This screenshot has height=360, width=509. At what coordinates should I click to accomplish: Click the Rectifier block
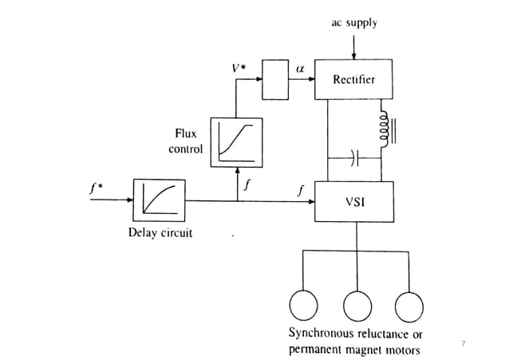point(353,80)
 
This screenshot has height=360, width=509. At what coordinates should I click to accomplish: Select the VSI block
point(353,202)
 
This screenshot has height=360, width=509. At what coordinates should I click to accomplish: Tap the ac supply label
point(354,24)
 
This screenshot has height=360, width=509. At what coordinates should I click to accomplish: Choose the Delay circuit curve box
point(159,201)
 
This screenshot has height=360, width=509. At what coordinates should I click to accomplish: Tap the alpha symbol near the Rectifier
point(300,69)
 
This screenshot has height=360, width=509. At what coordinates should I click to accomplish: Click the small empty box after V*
point(274,80)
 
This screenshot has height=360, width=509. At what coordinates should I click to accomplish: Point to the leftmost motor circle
point(302,306)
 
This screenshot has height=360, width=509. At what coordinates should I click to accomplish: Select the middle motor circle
point(355,306)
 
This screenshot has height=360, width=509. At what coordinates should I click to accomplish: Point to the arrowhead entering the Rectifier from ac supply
point(353,56)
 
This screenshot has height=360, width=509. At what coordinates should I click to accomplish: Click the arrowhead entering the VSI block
point(310,202)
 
